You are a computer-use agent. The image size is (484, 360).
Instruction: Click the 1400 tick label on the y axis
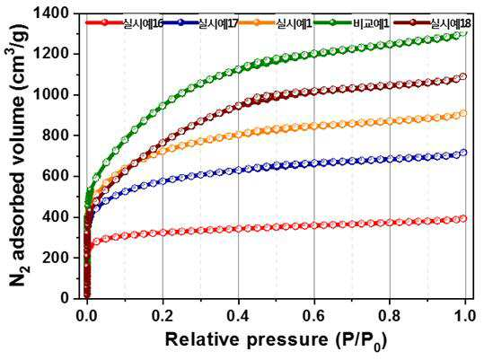[x=50, y=13]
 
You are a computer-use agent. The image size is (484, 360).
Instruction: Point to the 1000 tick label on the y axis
[x=50, y=94]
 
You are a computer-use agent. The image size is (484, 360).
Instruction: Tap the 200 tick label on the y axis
[x=56, y=258]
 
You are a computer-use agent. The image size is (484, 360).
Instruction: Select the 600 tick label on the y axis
[x=56, y=176]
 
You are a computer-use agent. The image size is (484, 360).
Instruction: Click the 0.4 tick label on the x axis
[x=238, y=316]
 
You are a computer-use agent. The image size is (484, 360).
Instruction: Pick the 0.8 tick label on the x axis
[x=390, y=316]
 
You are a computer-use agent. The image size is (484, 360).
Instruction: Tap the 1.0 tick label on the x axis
[x=465, y=316]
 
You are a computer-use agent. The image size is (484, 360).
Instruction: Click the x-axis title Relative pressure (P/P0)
[x=276, y=340]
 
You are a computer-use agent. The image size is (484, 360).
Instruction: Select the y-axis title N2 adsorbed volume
[x=19, y=155]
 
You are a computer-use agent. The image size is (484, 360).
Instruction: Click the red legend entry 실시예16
[x=143, y=23]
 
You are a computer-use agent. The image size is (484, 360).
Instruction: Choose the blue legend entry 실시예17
[x=218, y=23]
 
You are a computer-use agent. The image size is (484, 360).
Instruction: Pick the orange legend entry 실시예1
[x=295, y=23]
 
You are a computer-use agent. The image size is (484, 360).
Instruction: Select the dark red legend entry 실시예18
[x=451, y=23]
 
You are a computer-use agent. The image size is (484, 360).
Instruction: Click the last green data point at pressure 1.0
[x=463, y=32]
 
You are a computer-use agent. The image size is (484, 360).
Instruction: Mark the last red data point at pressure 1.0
[x=463, y=219]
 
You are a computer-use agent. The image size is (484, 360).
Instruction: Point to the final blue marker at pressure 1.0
[x=463, y=153]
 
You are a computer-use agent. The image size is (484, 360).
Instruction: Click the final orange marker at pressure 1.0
[x=463, y=113]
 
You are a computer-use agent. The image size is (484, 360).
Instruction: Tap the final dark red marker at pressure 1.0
[x=463, y=76]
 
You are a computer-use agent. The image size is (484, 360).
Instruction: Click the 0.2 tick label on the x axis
[x=163, y=316]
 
